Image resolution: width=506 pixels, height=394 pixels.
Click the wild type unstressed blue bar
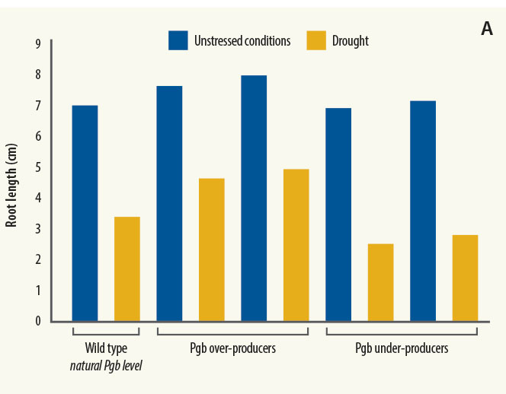pos(85,213)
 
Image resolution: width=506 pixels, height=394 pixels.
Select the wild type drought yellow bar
pos(127,268)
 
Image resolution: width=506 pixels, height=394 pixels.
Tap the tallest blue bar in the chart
pos(254,198)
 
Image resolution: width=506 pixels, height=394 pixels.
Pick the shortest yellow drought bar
pos(381,282)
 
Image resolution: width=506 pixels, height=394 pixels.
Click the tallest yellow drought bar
pos(296,245)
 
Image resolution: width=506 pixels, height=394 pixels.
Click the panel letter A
pos(487,30)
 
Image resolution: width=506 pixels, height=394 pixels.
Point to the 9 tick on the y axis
pos(37,44)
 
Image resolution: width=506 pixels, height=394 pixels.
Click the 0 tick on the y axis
pos(37,321)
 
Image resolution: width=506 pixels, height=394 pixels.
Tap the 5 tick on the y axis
pos(37,167)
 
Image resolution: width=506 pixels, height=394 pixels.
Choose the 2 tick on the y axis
pos(37,259)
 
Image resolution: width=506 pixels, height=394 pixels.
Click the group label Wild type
pos(106,348)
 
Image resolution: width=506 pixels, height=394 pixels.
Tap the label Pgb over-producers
pos(232,349)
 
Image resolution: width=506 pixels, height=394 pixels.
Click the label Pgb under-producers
pos(402,349)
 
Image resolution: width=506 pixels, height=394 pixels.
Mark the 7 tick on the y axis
pos(37,106)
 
